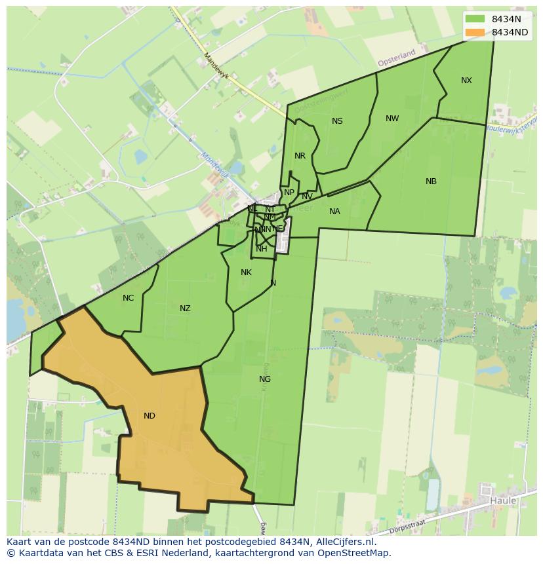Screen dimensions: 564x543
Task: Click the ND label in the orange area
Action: point(149,416)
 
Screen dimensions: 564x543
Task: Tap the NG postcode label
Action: point(265,379)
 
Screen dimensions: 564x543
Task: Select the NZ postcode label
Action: point(185,309)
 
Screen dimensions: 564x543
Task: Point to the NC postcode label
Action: point(128,298)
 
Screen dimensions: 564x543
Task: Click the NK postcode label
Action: point(246,273)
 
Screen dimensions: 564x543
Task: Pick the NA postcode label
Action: point(334,212)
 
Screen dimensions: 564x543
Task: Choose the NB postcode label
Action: point(431,181)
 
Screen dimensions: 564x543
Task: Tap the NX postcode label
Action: point(466,81)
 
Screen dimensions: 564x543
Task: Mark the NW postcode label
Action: point(392,119)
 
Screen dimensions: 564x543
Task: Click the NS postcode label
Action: point(337,121)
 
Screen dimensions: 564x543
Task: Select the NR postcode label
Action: point(300,156)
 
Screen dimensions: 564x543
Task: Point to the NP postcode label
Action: point(289,193)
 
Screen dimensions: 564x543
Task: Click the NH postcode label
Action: point(262,249)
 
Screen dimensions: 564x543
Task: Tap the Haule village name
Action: point(503,500)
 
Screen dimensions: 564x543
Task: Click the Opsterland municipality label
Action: point(397,58)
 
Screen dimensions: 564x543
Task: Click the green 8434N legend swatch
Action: point(475,19)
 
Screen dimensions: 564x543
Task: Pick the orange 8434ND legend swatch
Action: point(475,32)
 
